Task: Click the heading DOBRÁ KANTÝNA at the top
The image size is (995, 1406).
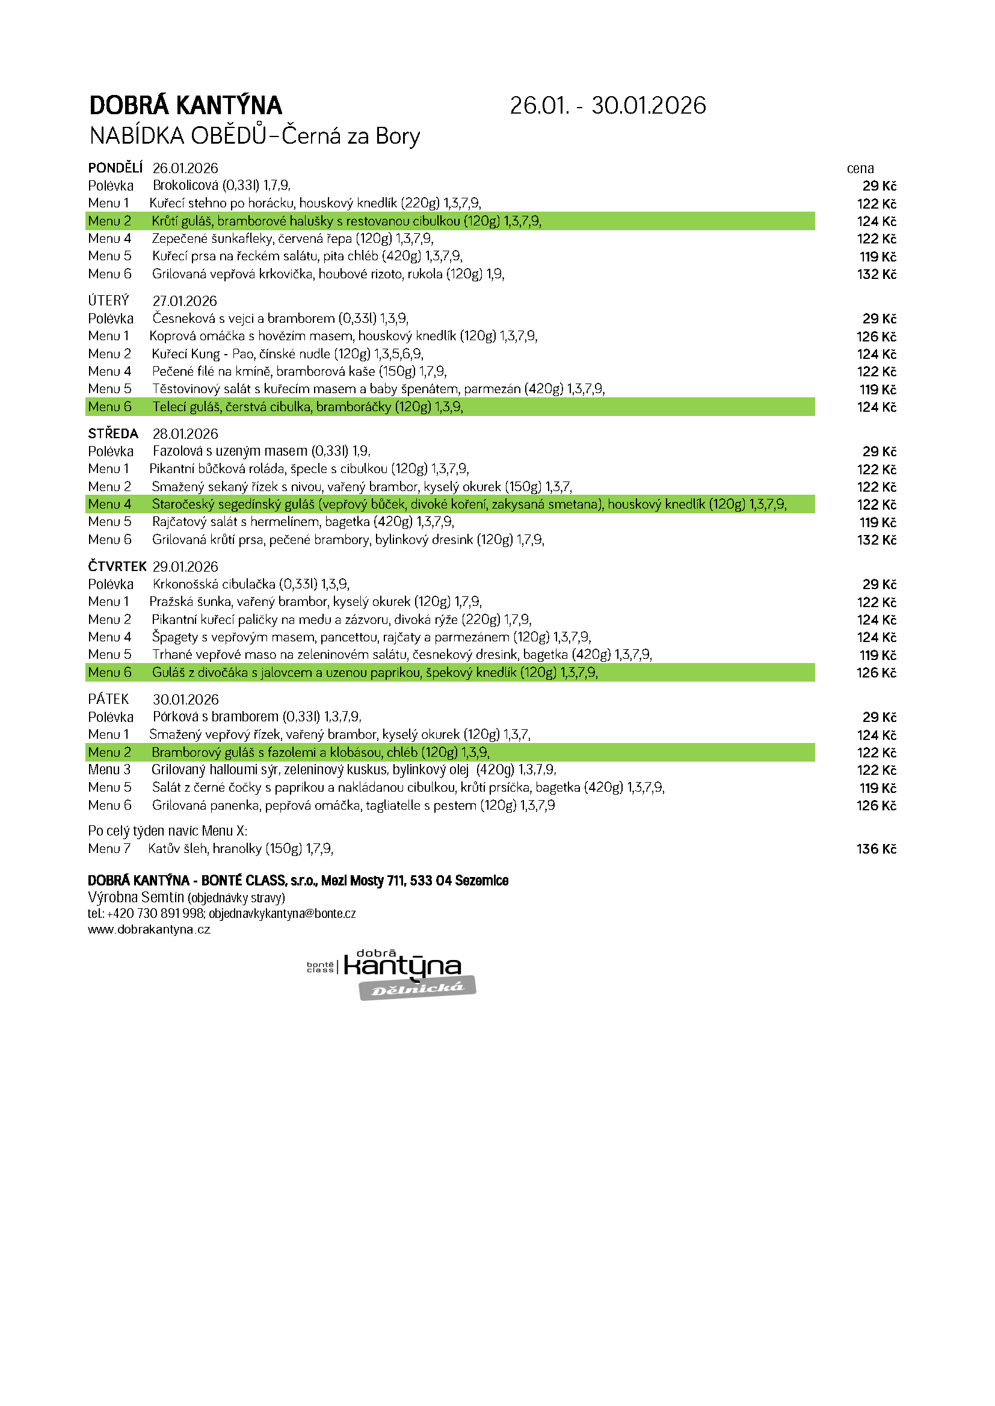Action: coord(185,106)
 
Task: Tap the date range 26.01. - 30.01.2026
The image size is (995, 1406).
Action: coord(607,106)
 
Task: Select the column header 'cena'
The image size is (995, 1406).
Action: coord(860,168)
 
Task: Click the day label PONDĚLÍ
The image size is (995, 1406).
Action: coord(115,168)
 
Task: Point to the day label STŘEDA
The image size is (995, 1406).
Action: coord(113,433)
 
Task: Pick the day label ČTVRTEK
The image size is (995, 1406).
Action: coord(117,566)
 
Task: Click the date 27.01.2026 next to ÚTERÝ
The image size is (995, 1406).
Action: coord(185,301)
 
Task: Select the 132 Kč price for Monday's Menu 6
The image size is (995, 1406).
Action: coord(876,274)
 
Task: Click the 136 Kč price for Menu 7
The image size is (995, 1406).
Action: coord(876,849)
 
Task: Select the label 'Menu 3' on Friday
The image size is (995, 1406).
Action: coord(109,770)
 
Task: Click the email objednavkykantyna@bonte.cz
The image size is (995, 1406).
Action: coord(282,914)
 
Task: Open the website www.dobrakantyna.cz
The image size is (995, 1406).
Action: coord(149,929)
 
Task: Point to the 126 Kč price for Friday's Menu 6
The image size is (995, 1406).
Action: coord(876,806)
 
